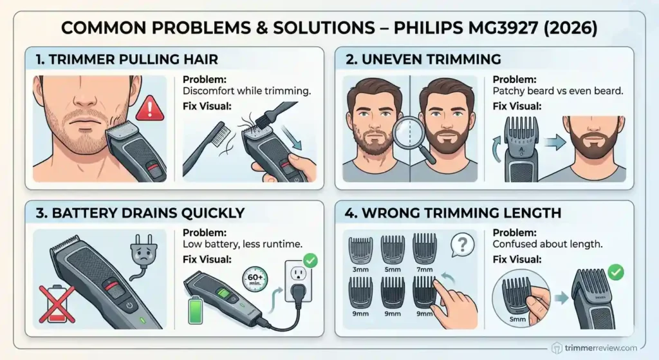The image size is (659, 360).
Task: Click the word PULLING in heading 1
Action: pos(140,59)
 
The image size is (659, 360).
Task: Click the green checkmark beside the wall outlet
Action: pos(310,261)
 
